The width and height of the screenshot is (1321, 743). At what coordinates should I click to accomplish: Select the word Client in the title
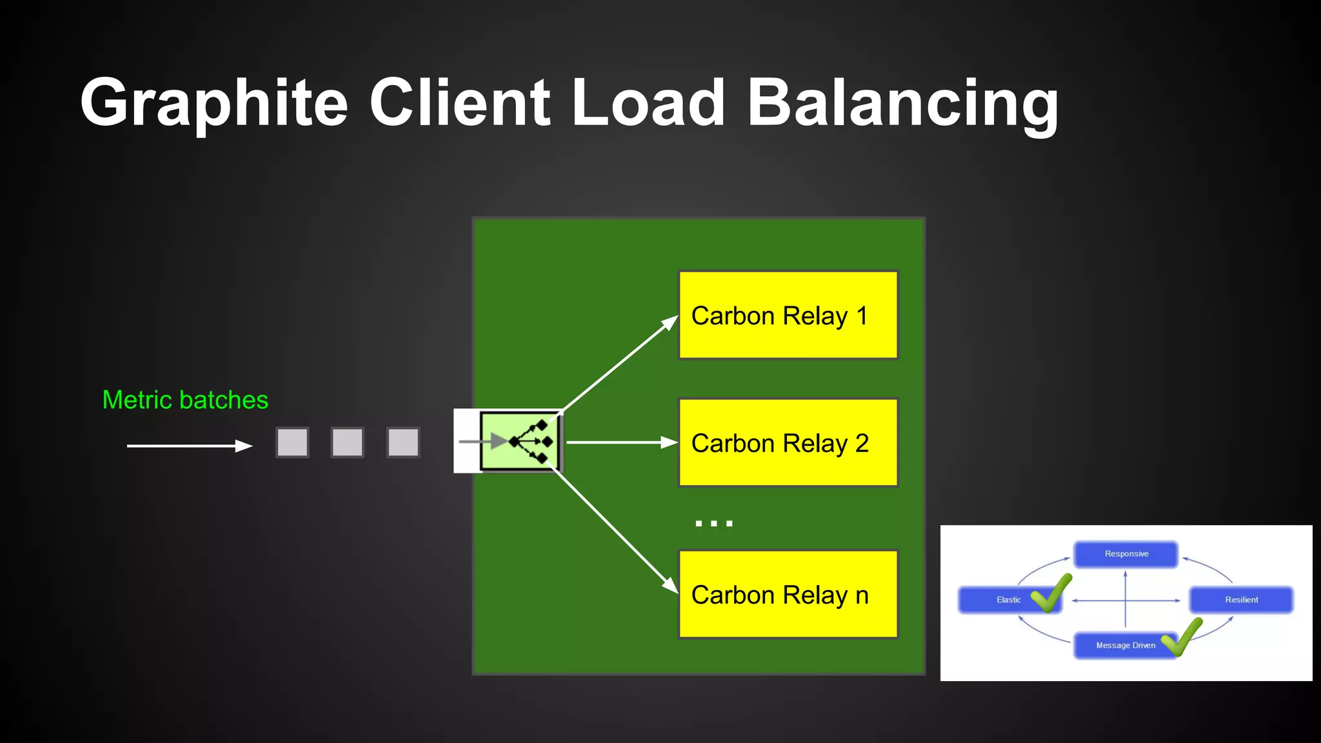pyautogui.click(x=459, y=103)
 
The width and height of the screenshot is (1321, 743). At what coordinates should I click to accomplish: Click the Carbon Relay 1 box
pyautogui.click(x=788, y=315)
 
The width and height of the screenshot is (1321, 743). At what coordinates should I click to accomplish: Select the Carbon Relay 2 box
pyautogui.click(x=788, y=443)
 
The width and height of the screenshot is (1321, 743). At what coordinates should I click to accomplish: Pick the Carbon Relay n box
pyautogui.click(x=788, y=595)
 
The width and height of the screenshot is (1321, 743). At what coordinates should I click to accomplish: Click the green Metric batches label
pyautogui.click(x=185, y=400)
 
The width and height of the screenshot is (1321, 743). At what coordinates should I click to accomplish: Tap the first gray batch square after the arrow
pyautogui.click(x=292, y=442)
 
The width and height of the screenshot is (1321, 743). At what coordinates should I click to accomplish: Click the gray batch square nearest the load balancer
pyautogui.click(x=403, y=442)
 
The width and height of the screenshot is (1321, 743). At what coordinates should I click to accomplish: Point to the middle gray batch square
pyautogui.click(x=348, y=442)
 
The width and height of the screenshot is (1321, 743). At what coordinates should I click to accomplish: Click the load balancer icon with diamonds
pyautogui.click(x=520, y=442)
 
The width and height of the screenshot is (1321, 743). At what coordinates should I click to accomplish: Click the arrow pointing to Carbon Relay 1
pyautogui.click(x=619, y=363)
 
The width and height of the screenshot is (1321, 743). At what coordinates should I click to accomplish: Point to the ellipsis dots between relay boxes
pyautogui.click(x=714, y=523)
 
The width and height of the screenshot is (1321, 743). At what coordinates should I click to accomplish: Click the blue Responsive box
pyautogui.click(x=1126, y=554)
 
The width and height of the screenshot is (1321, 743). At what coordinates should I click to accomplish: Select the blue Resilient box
pyautogui.click(x=1241, y=600)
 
